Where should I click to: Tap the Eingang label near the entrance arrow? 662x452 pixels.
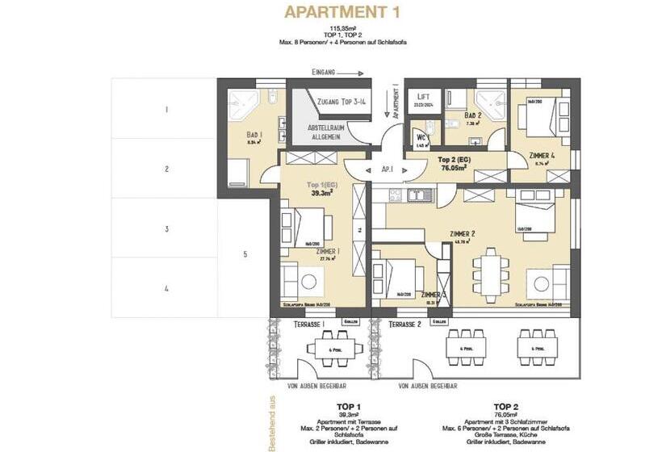pyautogui.click(x=327, y=73)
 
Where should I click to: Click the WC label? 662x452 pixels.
pyautogui.click(x=421, y=137)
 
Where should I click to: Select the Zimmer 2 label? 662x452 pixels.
pyautogui.click(x=462, y=234)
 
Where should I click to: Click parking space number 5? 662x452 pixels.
pyautogui.click(x=245, y=255)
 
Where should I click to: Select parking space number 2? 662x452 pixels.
pyautogui.click(x=165, y=169)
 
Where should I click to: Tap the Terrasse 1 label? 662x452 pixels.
pyautogui.click(x=289, y=324)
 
